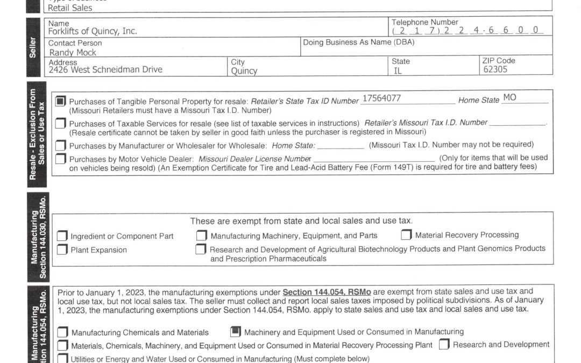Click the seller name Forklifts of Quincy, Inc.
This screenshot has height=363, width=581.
[93, 31]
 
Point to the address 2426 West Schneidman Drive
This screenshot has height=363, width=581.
[105, 69]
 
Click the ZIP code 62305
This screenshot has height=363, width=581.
[495, 69]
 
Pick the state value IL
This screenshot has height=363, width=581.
[398, 70]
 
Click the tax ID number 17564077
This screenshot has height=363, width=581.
[381, 98]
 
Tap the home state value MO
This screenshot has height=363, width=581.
[509, 98]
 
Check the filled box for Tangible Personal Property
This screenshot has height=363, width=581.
[61, 101]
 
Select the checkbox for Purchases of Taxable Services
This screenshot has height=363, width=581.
[61, 124]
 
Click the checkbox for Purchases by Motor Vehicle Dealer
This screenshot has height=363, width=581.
[61, 159]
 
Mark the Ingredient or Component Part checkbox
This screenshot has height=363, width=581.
[62, 236]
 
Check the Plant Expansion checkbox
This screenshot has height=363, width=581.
[62, 250]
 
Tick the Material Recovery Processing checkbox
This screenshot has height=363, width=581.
[406, 235]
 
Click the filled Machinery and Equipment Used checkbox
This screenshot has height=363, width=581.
[235, 332]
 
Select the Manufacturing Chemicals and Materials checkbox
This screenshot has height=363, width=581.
[62, 332]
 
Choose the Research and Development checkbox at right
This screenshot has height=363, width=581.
[444, 345]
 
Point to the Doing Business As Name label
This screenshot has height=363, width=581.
[355, 42]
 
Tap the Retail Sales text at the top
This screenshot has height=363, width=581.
[70, 8]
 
